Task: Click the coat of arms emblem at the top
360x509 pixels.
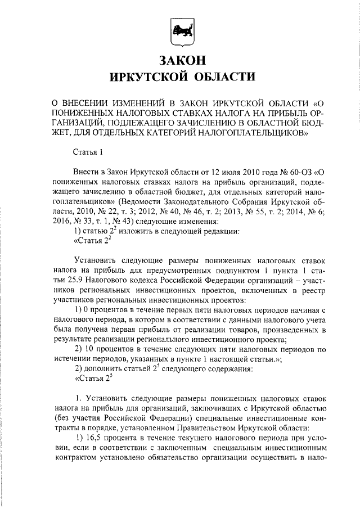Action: pyautogui.click(x=181, y=31)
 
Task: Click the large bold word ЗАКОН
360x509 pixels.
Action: pyautogui.click(x=180, y=60)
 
